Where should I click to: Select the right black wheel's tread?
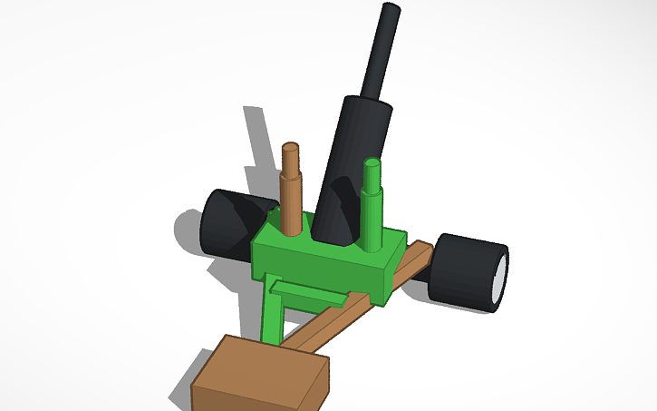462,269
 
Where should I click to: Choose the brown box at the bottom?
258,377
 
